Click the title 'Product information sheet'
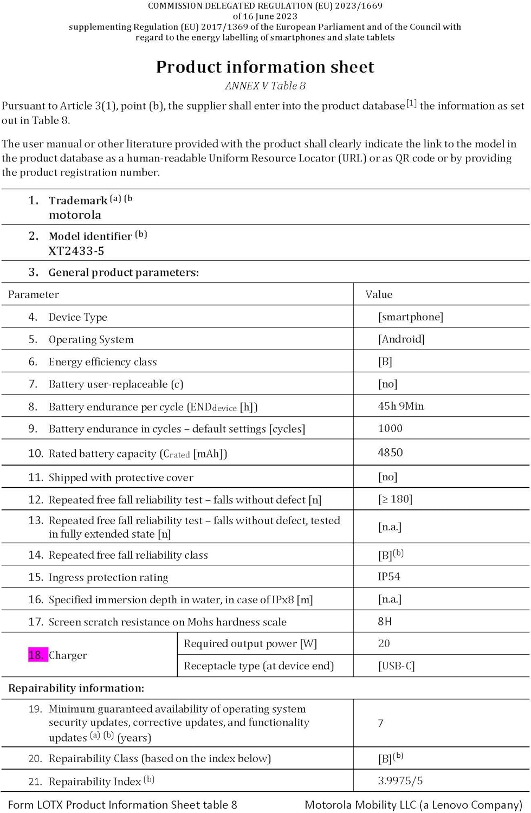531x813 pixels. (x=265, y=67)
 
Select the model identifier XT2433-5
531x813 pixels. (x=76, y=251)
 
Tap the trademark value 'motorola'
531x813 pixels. (x=75, y=215)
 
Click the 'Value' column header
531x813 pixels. (x=379, y=294)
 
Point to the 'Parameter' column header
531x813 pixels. (x=34, y=294)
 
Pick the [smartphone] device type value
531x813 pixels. (x=410, y=317)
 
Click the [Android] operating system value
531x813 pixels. (x=401, y=339)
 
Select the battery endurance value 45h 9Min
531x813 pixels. (x=400, y=406)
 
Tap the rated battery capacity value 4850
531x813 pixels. (x=390, y=452)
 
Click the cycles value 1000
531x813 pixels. (x=390, y=428)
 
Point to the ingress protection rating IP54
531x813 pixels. (x=389, y=576)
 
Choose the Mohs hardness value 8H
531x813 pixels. (x=385, y=621)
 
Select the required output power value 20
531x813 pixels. (x=384, y=643)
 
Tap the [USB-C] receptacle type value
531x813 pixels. (x=396, y=666)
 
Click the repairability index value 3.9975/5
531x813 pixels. (x=400, y=780)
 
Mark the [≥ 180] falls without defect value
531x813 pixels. (x=395, y=499)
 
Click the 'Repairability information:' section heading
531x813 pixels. (x=76, y=688)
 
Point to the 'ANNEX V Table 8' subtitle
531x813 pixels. (x=265, y=86)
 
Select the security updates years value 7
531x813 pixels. (x=380, y=723)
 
